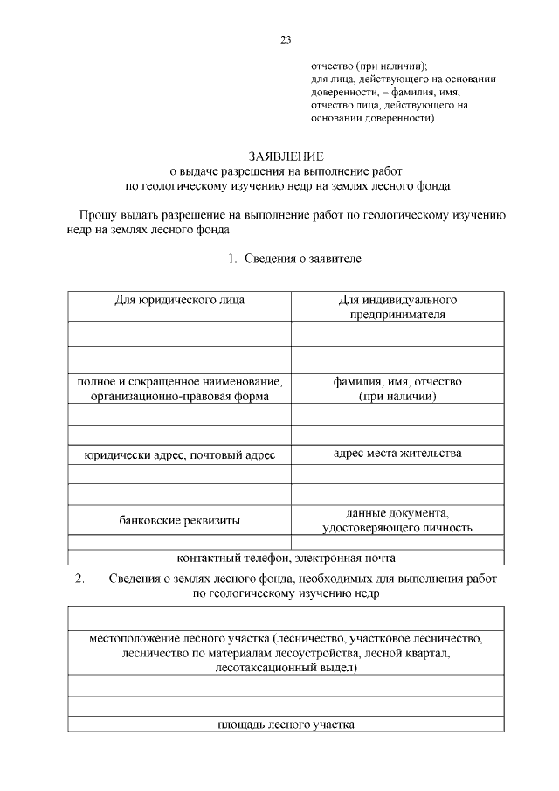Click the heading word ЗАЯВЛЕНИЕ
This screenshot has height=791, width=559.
click(286, 156)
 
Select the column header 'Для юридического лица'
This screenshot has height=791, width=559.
click(180, 300)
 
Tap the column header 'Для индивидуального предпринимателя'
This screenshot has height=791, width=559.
click(397, 307)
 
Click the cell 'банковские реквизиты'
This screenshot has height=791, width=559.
click(180, 520)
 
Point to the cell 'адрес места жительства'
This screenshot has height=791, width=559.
click(397, 453)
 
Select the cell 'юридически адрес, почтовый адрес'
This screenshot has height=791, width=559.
click(180, 454)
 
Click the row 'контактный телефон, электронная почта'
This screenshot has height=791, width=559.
click(286, 558)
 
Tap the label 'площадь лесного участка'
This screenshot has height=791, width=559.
click(286, 725)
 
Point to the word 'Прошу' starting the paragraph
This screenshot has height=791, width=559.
click(97, 215)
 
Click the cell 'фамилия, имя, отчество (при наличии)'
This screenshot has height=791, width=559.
click(397, 389)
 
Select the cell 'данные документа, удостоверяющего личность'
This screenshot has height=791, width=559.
click(397, 519)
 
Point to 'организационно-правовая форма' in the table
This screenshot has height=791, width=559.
click(180, 396)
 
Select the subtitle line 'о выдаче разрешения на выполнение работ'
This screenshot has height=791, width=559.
click(286, 171)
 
